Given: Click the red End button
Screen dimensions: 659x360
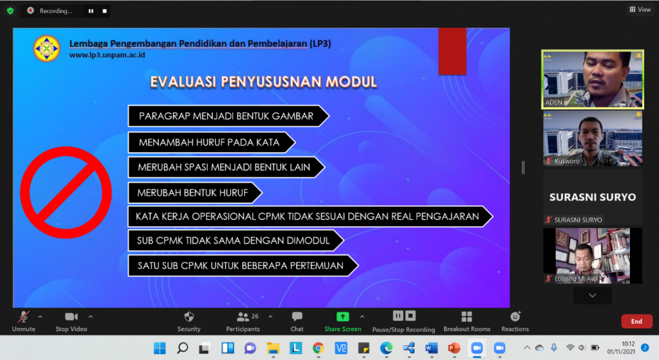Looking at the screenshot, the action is [x=636, y=321].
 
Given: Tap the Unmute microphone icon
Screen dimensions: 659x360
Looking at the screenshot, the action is [x=24, y=317].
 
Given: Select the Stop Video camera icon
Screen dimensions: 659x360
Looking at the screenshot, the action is [x=71, y=317].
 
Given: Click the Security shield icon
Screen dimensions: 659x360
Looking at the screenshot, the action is [x=189, y=317].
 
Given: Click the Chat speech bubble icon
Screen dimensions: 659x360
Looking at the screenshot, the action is [x=297, y=316].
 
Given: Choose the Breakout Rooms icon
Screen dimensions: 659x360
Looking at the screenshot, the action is [x=467, y=317].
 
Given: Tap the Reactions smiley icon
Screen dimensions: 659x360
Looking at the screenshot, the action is [x=515, y=316].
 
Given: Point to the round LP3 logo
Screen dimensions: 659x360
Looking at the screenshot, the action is [x=46, y=48].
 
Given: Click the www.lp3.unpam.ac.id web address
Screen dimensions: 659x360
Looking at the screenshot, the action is [x=107, y=55].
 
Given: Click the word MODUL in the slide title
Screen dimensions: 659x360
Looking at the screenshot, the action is [x=351, y=82].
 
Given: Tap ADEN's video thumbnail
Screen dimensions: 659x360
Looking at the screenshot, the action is [x=593, y=79].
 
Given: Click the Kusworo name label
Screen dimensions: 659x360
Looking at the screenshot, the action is [x=566, y=161].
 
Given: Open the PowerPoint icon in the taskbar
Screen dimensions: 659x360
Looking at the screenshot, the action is [x=454, y=348].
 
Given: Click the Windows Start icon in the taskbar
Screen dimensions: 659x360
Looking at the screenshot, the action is [x=160, y=348].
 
